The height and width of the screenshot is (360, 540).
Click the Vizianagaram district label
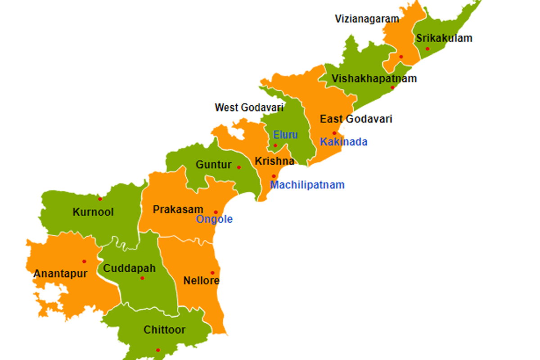(367, 19)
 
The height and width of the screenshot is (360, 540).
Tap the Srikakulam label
(444, 38)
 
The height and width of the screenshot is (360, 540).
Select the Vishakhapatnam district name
(374, 79)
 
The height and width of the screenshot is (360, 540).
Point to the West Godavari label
(249, 108)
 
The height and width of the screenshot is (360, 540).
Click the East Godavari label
(356, 119)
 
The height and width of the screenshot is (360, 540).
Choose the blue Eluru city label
(285, 135)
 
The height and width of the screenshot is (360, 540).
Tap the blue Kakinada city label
(343, 142)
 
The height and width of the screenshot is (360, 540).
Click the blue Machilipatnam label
(307, 184)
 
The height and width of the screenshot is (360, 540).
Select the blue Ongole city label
(214, 219)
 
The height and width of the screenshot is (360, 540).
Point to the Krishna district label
(274, 161)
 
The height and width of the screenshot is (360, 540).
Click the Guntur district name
(213, 165)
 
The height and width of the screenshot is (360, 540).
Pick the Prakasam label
(178, 209)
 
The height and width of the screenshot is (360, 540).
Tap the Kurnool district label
(93, 212)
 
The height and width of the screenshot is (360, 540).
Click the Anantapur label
(60, 273)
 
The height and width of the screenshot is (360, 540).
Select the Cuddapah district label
(129, 269)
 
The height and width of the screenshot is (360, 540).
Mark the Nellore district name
(201, 281)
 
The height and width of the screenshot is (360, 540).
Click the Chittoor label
(164, 330)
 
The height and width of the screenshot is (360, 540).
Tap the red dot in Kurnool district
(100, 199)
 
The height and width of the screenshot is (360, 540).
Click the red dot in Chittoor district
(157, 350)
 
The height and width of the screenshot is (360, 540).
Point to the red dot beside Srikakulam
(427, 49)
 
